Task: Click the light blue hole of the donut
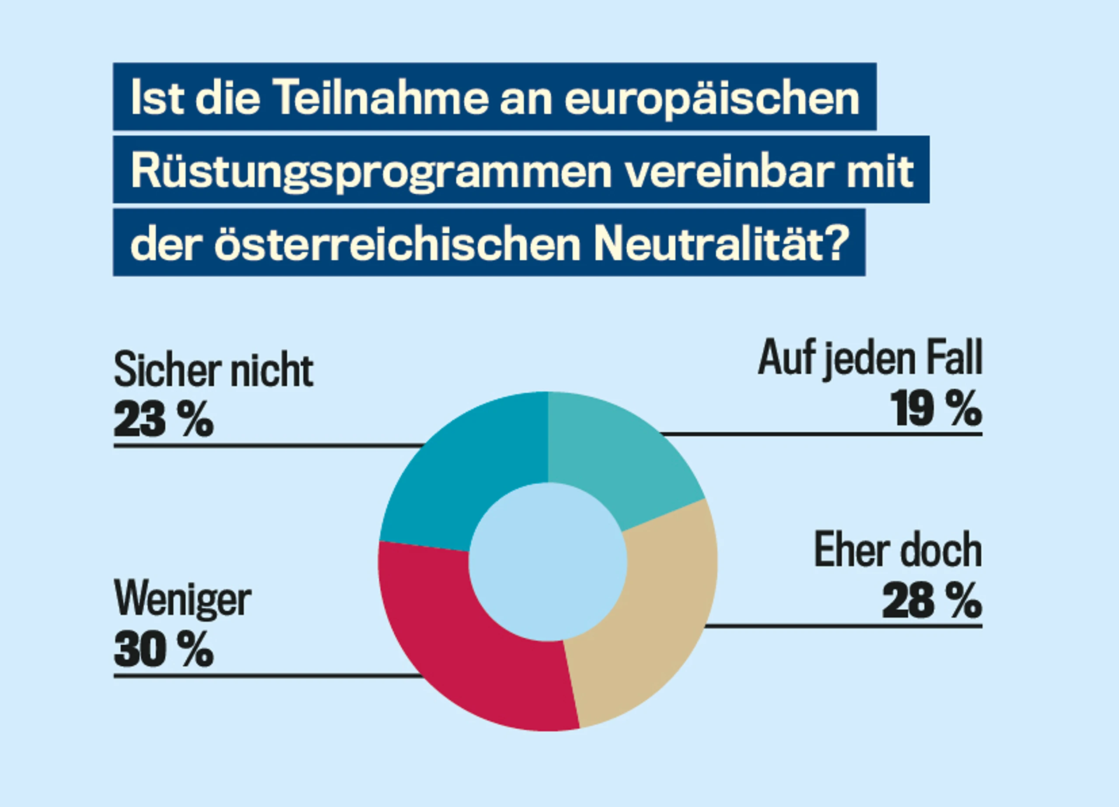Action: point(548,562)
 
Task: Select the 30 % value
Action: point(164,650)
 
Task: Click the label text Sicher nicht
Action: point(213,370)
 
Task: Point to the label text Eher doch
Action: point(898,550)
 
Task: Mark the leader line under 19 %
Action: point(821,434)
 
